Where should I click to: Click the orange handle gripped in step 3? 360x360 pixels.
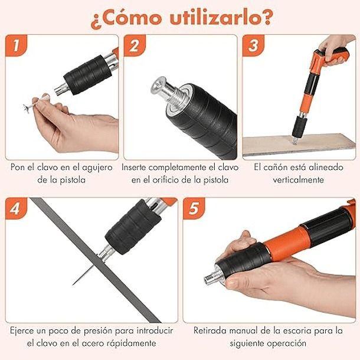click(330, 59)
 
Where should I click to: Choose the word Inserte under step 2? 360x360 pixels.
click(139, 167)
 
